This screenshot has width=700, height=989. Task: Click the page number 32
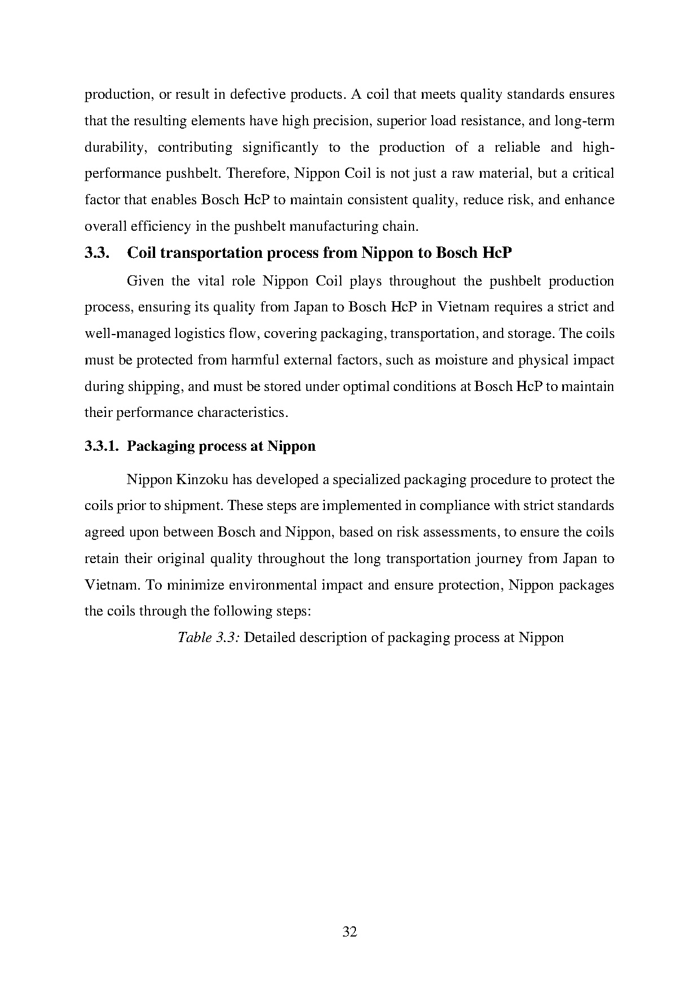350,931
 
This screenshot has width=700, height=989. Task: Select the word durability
116,147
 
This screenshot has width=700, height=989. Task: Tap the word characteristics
243,412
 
